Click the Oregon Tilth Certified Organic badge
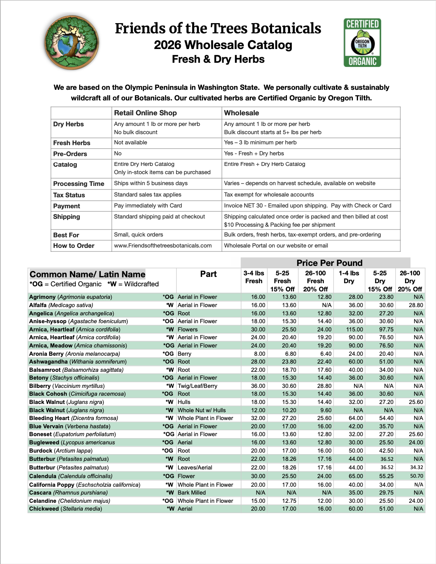point(362,42)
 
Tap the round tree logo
point(72,42)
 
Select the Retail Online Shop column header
point(145,113)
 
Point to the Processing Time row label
point(79,184)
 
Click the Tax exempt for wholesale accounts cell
point(269,195)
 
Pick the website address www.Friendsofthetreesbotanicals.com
point(163,246)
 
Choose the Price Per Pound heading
point(329,263)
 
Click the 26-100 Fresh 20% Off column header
point(315,281)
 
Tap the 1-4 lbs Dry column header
point(349,277)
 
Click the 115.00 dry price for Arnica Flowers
point(354,329)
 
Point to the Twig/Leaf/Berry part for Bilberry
point(197,386)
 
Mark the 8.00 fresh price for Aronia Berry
point(260,354)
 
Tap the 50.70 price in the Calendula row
point(416,476)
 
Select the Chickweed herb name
point(44,509)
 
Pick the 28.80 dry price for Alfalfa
point(416,305)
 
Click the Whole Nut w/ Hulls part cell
point(202,410)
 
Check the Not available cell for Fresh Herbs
point(131,142)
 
